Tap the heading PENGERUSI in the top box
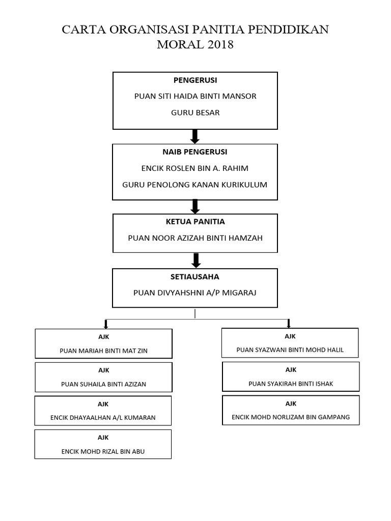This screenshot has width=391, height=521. [x=195, y=80]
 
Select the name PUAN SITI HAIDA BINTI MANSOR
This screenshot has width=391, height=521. [x=195, y=96]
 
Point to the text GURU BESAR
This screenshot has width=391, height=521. [x=195, y=112]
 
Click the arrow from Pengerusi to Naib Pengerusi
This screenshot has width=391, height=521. [x=195, y=136]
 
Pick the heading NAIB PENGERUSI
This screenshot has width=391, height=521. [x=195, y=152]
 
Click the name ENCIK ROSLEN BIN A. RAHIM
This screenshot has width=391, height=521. [x=195, y=168]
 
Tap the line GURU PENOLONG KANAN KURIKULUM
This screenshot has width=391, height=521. [x=195, y=185]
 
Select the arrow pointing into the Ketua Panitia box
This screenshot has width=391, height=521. [x=195, y=207]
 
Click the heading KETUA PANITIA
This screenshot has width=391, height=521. [x=195, y=222]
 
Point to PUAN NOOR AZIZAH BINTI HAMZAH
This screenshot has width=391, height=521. [x=195, y=238]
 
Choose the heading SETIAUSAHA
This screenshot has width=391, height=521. [x=195, y=277]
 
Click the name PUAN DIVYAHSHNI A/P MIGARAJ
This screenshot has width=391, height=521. [x=195, y=293]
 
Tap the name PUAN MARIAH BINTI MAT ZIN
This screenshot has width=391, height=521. [x=103, y=351]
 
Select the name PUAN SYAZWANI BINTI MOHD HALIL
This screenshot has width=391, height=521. [x=290, y=350]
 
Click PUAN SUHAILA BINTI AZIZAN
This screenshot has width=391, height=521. [x=103, y=385]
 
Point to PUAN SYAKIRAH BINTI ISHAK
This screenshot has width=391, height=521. [x=291, y=384]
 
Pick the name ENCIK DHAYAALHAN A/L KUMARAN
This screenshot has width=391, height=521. [x=103, y=418]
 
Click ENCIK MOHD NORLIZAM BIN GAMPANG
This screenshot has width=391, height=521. [x=291, y=417]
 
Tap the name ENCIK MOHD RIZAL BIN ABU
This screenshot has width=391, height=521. [x=103, y=452]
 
